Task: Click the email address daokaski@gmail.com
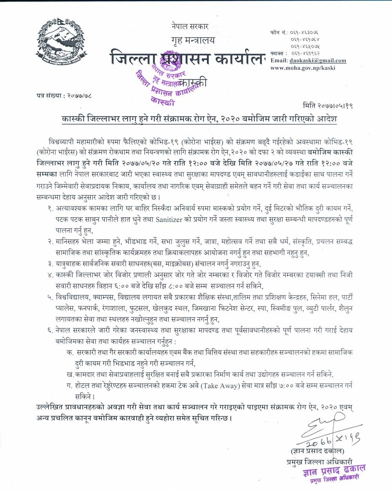[x=318, y=60]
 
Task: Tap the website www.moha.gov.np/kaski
[x=303, y=68]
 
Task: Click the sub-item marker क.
[x=69, y=353]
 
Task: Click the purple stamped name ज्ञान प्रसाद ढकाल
[x=334, y=470]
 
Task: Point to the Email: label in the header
[x=279, y=60]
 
